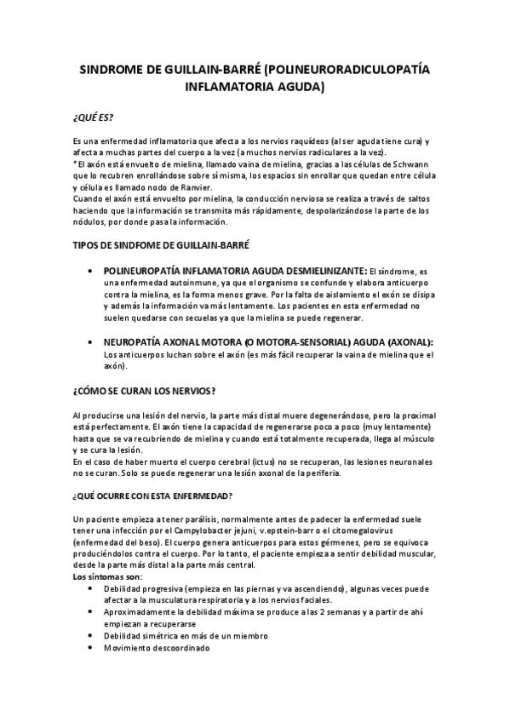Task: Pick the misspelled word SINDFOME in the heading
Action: pos(135,245)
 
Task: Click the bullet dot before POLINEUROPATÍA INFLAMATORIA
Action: pos(92,270)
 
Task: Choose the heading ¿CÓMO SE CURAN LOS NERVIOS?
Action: pos(145,391)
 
